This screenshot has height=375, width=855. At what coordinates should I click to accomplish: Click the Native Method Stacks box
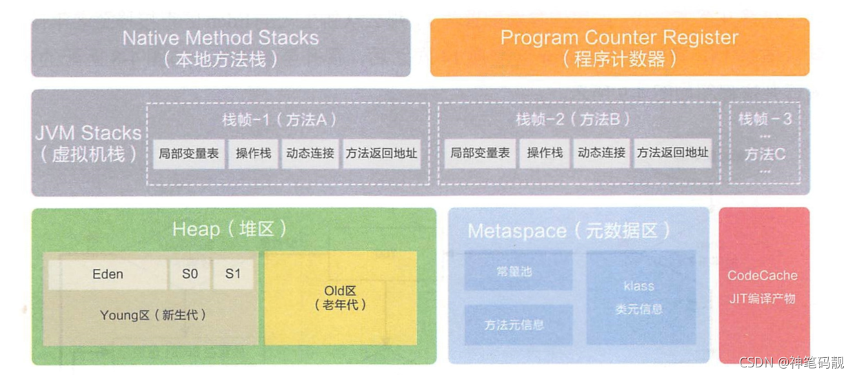click(x=221, y=47)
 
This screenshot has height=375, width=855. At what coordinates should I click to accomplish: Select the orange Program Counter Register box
click(x=619, y=47)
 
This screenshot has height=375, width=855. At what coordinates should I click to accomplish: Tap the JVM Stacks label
click(x=88, y=143)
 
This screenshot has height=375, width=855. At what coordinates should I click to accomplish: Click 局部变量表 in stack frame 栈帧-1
click(x=189, y=154)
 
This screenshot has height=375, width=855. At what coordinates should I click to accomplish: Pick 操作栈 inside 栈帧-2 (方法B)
click(x=545, y=154)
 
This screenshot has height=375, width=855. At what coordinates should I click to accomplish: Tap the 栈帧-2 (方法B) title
click(x=573, y=119)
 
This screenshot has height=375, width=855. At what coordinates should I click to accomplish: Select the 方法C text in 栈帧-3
click(x=765, y=154)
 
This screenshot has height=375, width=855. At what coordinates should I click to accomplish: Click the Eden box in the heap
click(x=108, y=274)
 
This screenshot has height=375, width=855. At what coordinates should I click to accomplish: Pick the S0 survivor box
click(x=190, y=274)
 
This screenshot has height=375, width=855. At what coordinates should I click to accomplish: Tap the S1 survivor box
click(x=233, y=274)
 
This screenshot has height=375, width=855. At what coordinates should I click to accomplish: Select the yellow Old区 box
click(x=341, y=298)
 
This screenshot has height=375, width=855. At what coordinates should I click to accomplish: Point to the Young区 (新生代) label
click(x=153, y=316)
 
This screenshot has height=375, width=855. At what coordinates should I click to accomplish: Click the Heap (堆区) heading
click(x=230, y=230)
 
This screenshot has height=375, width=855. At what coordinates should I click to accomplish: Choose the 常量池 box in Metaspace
click(x=518, y=271)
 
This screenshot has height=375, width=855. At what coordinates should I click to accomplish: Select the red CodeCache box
click(x=763, y=285)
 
